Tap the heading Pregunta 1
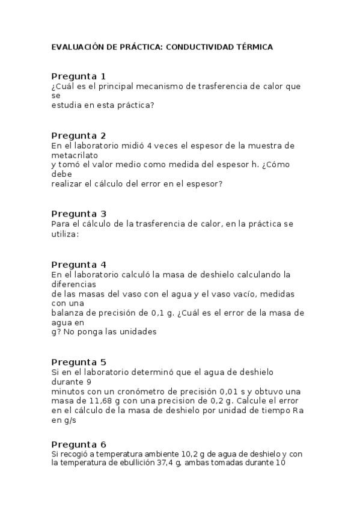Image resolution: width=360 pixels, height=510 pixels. point(79,76)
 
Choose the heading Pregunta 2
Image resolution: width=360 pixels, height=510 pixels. point(79,135)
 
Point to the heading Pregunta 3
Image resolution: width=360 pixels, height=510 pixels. point(79,214)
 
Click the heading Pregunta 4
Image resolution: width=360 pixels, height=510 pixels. point(79,265)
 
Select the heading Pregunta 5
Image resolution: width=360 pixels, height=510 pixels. point(79,362)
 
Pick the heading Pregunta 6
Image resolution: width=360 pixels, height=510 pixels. point(79,444)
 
